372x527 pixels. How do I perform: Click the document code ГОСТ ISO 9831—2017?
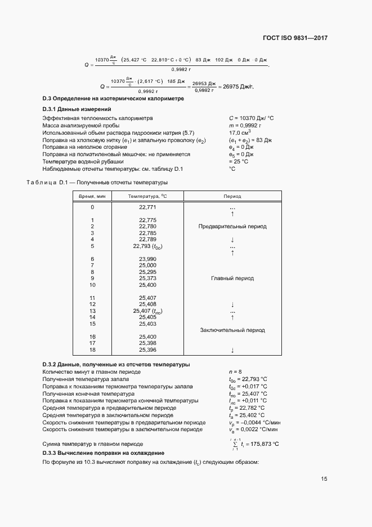[x=295, y=38]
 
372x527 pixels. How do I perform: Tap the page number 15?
[x=324, y=479]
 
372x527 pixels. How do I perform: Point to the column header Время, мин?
[x=92, y=196]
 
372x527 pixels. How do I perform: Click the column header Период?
[x=232, y=196]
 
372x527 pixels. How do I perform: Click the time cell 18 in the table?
[x=92, y=349]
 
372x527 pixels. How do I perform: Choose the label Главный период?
[x=232, y=278]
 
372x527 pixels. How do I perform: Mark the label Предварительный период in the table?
[x=232, y=227]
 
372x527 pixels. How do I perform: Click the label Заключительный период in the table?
[x=232, y=330]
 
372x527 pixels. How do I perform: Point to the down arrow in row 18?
[x=232, y=350]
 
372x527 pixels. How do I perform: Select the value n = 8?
[x=236, y=372]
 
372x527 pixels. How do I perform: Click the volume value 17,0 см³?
[x=240, y=132]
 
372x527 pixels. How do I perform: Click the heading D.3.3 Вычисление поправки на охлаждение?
[x=104, y=453]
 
